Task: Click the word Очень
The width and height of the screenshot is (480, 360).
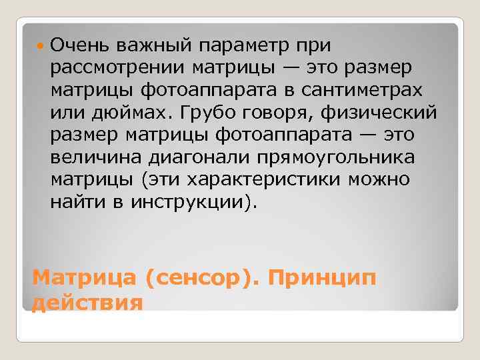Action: coord(79,45)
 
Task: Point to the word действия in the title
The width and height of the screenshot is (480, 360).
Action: coord(87,303)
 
